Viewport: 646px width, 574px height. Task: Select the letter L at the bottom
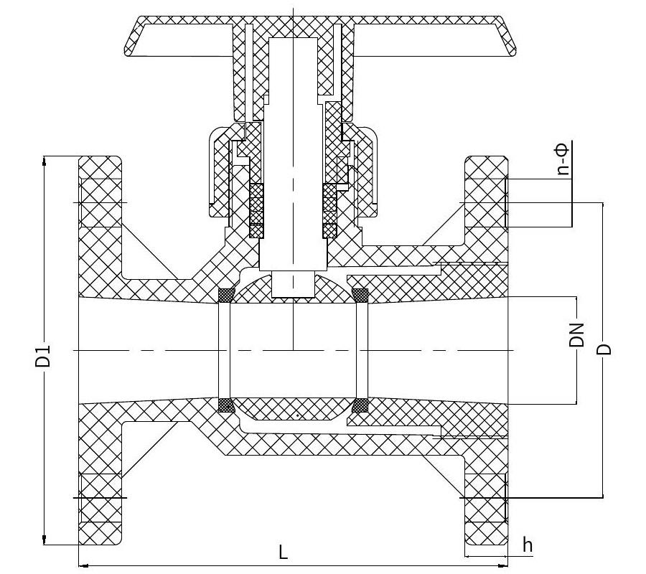point(283,552)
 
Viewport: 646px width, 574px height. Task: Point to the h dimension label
point(528,545)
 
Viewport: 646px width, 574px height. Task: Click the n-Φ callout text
point(563,159)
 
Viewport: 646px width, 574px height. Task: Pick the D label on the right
point(604,349)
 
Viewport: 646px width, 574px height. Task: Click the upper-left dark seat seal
point(226,295)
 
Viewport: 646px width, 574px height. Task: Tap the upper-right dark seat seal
point(360,295)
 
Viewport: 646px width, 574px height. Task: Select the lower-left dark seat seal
point(226,405)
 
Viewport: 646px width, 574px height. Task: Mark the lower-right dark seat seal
point(360,405)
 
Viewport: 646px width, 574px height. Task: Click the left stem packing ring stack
point(256,210)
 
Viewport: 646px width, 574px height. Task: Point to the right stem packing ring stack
point(329,210)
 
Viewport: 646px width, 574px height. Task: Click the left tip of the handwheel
point(125,51)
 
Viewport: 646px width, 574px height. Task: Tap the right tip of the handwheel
point(515,51)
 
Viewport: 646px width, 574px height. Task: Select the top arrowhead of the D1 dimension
point(44,160)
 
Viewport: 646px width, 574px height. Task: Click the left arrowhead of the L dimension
point(83,565)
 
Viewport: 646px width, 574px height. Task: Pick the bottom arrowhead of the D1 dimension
point(44,540)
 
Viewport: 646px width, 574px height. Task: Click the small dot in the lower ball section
point(297,415)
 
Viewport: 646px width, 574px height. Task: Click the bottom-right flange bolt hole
point(485,498)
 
